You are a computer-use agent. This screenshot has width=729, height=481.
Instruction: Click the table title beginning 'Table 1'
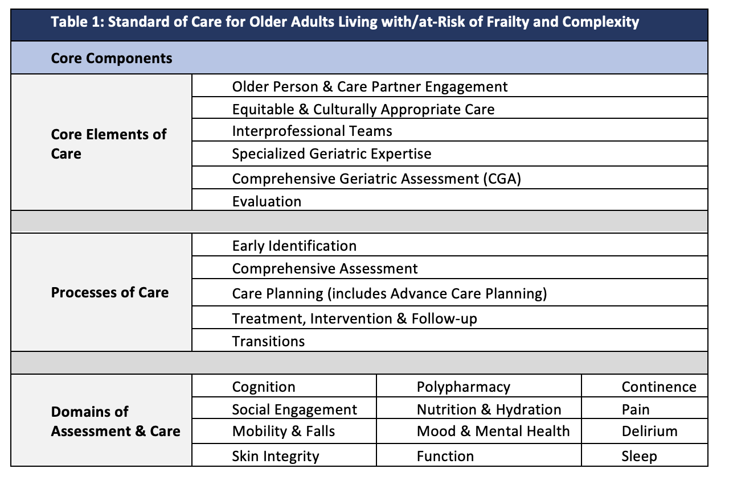pyautogui.click(x=345, y=22)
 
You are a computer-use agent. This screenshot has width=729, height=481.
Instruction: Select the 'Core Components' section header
pyautogui.click(x=112, y=58)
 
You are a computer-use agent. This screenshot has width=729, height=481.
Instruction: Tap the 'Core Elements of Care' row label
pyautogui.click(x=108, y=144)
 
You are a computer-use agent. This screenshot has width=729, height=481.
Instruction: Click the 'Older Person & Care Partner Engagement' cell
pyautogui.click(x=370, y=86)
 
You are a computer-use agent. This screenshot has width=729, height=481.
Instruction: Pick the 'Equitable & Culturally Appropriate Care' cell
pyautogui.click(x=363, y=109)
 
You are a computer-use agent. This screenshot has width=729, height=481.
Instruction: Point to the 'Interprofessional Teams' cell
pyautogui.click(x=312, y=131)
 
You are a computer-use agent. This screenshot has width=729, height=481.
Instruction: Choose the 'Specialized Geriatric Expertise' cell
pyautogui.click(x=331, y=154)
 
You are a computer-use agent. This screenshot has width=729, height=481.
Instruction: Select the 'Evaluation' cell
pyautogui.click(x=267, y=201)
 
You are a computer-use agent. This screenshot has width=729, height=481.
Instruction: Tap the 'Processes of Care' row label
pyautogui.click(x=110, y=293)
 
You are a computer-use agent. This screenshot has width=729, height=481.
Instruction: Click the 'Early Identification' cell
pyautogui.click(x=294, y=246)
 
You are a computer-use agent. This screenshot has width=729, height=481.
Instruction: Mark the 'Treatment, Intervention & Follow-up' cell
pyautogui.click(x=354, y=318)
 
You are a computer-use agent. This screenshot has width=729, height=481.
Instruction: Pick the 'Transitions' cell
pyautogui.click(x=268, y=341)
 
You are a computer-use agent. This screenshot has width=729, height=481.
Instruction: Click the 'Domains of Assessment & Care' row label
pyautogui.click(x=116, y=421)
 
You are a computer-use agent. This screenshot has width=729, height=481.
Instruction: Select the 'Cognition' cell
pyautogui.click(x=264, y=387)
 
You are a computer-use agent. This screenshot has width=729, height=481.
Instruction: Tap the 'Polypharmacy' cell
pyautogui.click(x=464, y=387)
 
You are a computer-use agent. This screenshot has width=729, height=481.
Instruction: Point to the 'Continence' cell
pyautogui.click(x=659, y=387)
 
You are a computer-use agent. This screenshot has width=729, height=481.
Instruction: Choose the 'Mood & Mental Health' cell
pyautogui.click(x=493, y=431)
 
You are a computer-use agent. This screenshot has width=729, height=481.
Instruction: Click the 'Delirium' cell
pyautogui.click(x=649, y=431)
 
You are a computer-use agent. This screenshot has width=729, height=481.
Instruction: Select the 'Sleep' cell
pyautogui.click(x=639, y=456)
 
